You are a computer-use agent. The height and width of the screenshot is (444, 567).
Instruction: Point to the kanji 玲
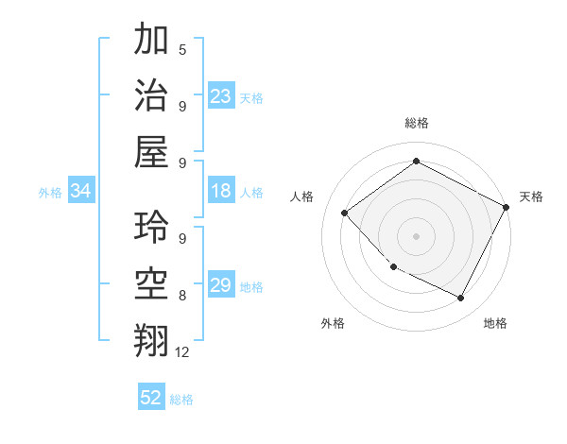click(x=151, y=227)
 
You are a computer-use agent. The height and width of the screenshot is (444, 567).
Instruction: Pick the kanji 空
click(x=151, y=282)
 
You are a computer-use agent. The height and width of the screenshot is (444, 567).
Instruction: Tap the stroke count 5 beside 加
click(x=181, y=49)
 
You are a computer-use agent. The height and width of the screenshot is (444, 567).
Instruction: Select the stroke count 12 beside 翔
click(x=182, y=351)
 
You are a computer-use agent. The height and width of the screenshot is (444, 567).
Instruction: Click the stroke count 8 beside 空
click(x=181, y=295)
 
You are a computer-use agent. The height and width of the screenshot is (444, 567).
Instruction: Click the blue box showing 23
click(x=221, y=96)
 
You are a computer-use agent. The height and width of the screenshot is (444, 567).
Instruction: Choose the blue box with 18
click(x=221, y=191)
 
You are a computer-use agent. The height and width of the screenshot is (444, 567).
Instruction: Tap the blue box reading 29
click(x=221, y=285)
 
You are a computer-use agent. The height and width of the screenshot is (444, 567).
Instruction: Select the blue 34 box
click(x=80, y=192)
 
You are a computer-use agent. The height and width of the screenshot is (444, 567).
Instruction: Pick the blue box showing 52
click(x=151, y=398)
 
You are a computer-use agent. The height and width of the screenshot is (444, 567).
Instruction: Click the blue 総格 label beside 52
click(x=181, y=400)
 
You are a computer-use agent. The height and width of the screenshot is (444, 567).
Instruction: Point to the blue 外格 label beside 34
click(x=50, y=193)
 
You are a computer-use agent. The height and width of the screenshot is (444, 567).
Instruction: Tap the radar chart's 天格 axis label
click(x=531, y=196)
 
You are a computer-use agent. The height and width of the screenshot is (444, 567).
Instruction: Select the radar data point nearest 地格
click(x=460, y=298)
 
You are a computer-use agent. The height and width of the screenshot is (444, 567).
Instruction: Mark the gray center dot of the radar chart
click(x=416, y=235)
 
